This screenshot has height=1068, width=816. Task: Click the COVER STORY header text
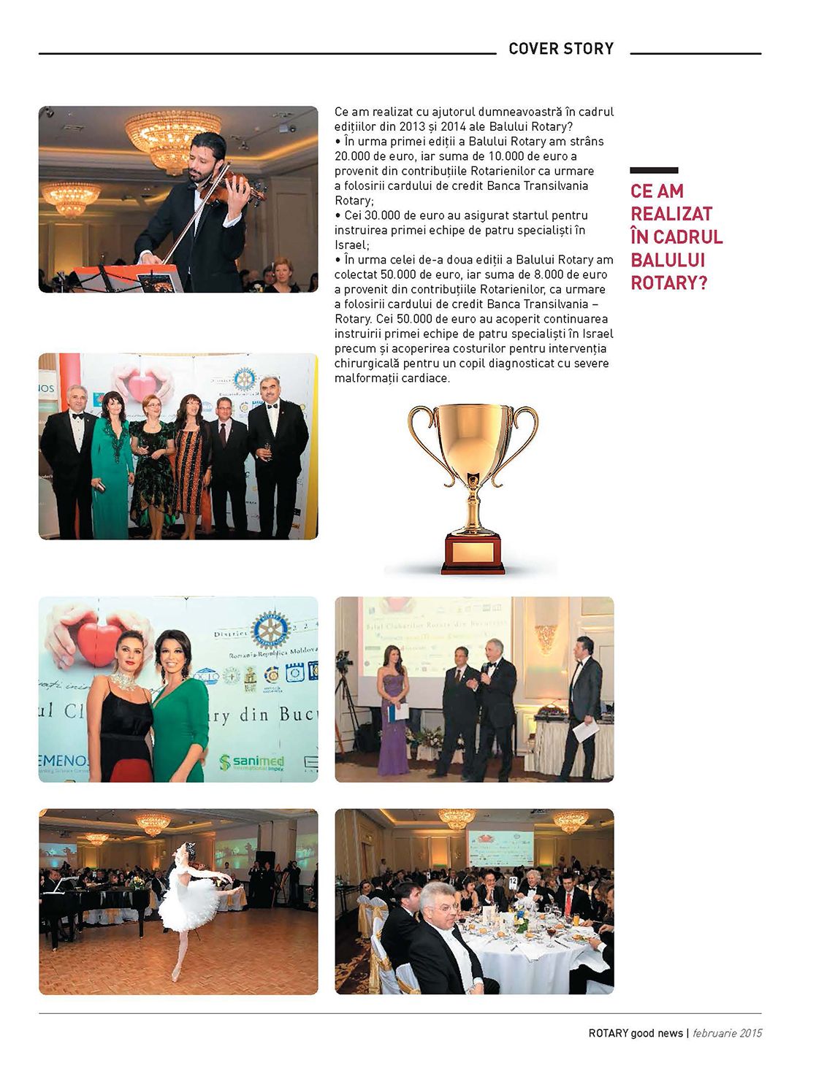560,49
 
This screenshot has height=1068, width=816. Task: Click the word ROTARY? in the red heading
668,283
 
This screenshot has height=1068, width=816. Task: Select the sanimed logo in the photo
252,763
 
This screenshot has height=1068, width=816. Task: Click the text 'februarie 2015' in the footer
727,1033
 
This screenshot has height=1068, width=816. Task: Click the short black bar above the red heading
654,170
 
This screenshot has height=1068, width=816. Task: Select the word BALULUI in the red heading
668,261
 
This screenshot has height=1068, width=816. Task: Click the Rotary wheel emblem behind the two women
271,630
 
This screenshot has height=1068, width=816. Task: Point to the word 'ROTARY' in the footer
609,1033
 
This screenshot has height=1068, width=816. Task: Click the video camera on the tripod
344,659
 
